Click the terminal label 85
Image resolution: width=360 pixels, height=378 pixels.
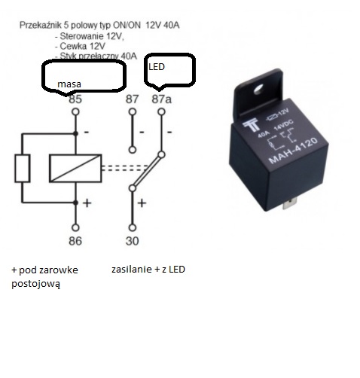(75, 99)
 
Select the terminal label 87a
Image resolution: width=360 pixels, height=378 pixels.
(161, 99)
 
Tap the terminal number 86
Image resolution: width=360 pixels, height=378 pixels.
(75, 241)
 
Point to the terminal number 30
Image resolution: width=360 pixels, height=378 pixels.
(133, 241)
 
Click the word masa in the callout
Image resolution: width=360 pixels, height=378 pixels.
(69, 84)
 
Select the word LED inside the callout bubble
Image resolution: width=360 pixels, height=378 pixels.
(157, 67)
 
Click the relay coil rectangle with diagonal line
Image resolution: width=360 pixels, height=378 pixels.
(75, 168)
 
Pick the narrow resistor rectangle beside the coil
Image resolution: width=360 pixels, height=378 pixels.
(23, 168)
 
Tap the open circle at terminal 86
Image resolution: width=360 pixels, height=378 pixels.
(75, 227)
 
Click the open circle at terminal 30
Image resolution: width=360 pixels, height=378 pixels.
(133, 227)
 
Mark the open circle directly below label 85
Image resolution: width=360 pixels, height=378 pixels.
(75, 111)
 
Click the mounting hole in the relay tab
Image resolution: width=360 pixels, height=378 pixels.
(258, 89)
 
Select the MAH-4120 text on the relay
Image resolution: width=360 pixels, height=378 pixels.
(294, 151)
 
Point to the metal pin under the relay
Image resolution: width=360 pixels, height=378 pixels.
(289, 204)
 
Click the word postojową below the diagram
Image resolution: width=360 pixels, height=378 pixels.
(35, 284)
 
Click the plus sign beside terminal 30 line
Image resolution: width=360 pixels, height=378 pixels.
(142, 203)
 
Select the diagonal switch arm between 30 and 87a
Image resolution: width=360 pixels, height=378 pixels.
(147, 172)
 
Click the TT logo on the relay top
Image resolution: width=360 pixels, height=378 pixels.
(251, 126)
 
